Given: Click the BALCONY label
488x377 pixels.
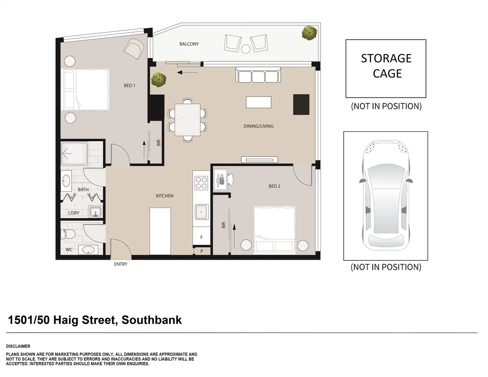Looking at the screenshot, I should point(189,44).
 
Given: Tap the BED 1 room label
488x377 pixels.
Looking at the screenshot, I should point(129,86).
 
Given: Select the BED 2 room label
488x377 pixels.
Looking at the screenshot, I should point(274,186).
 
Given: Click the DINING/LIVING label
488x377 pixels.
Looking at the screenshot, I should point(258,126).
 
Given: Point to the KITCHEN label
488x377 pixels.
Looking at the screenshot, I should point(164,196).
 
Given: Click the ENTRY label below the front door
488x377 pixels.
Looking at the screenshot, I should point(121,264).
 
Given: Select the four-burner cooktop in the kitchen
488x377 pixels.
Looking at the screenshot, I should point(201,183).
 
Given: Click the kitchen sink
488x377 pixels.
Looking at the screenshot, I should point(202,212).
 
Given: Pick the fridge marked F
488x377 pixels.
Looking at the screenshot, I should point(201,237).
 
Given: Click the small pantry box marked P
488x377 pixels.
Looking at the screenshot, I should point(202,251).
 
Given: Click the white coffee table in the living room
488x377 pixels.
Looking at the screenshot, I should point(258,102).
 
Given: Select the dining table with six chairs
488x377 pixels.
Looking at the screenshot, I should point(188,120).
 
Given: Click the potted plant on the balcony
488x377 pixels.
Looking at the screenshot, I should point(309,33).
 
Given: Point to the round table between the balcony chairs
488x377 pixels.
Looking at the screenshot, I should point(246,49).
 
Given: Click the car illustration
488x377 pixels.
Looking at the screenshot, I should point(386,195).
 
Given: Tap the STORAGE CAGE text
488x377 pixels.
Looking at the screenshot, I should point(386,66).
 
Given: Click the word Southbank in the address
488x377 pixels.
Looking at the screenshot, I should point(151,320).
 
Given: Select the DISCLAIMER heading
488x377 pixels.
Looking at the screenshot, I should point(18,346).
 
